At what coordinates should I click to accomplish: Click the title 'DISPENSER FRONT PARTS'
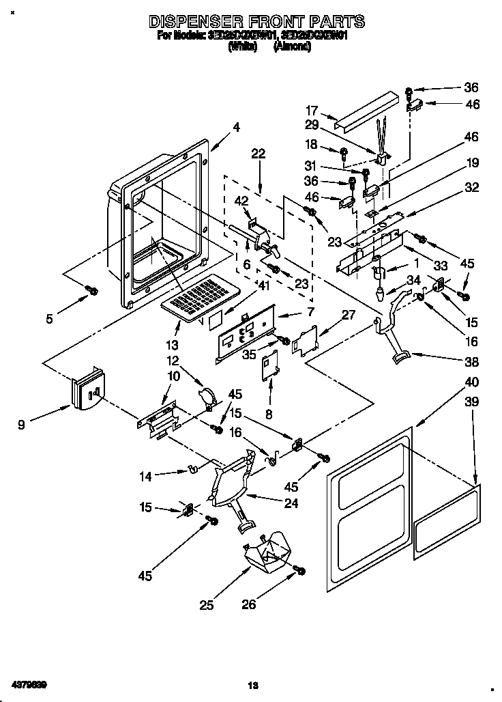point(256,22)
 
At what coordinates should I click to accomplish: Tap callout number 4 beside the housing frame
point(236,127)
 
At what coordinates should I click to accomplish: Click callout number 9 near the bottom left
point(22,424)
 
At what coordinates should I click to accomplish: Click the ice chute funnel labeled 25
point(268,552)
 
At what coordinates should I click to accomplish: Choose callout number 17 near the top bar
point(311,110)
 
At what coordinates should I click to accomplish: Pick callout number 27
point(349,315)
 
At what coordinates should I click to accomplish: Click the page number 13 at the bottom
point(252,685)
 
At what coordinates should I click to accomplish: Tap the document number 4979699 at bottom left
point(29,684)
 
